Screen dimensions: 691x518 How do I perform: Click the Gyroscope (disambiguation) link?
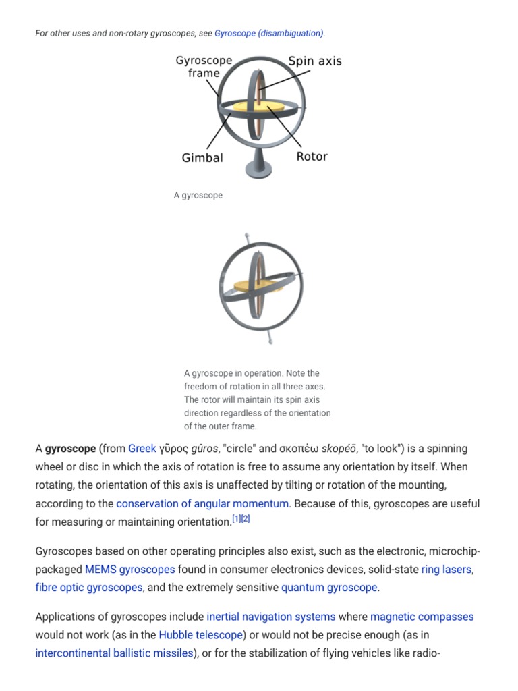pyautogui.click(x=268, y=33)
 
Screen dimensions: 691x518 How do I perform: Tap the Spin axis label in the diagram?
pyautogui.click(x=315, y=61)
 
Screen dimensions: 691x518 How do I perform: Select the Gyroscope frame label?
pyautogui.click(x=204, y=67)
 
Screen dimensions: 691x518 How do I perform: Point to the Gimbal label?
pyautogui.click(x=202, y=158)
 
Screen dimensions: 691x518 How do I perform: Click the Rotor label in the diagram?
pyautogui.click(x=312, y=157)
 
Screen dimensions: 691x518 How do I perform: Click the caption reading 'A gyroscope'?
pyautogui.click(x=198, y=196)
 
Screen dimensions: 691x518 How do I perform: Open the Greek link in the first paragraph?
pyautogui.click(x=142, y=449)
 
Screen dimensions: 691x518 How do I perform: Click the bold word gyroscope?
pyautogui.click(x=70, y=449)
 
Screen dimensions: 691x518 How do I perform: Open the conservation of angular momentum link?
pyautogui.click(x=202, y=504)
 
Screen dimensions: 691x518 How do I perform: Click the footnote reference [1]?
pyautogui.click(x=236, y=518)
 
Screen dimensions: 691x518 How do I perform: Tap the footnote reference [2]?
pyautogui.click(x=246, y=518)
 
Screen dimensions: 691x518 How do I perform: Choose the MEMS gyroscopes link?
pyautogui.click(x=130, y=570)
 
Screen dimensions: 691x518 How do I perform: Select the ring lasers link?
pyautogui.click(x=447, y=570)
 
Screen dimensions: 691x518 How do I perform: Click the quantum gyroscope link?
pyautogui.click(x=329, y=588)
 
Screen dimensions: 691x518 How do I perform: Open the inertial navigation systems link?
pyautogui.click(x=271, y=617)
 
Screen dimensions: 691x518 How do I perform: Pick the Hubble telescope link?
pyautogui.click(x=200, y=635)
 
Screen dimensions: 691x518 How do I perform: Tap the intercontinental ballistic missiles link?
pyautogui.click(x=114, y=653)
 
